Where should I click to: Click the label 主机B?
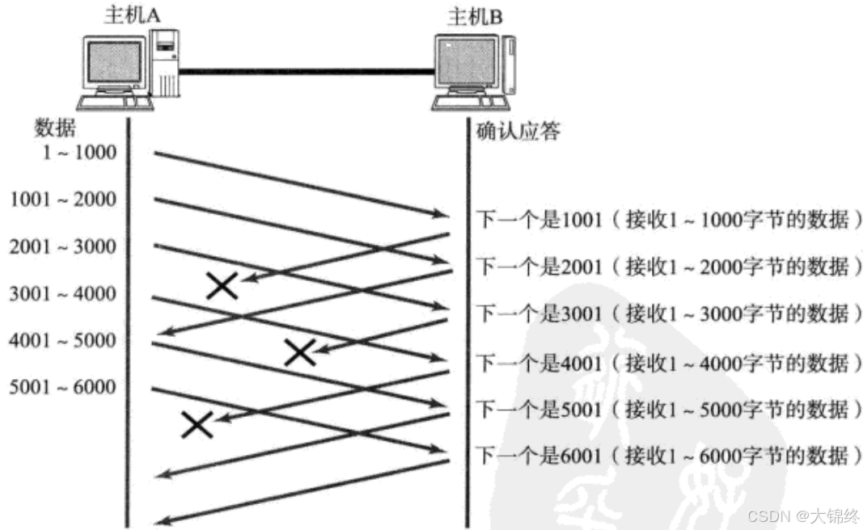click(x=474, y=15)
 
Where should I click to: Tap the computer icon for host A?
click(x=129, y=70)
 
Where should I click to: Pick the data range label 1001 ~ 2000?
click(x=63, y=199)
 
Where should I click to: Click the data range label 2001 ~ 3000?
click(x=63, y=246)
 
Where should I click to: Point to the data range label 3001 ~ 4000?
click(x=63, y=293)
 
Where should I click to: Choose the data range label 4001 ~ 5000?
click(x=63, y=340)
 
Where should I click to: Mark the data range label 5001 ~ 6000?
click(x=63, y=387)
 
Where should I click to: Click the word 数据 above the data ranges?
click(x=54, y=128)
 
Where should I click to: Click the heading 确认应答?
click(x=518, y=131)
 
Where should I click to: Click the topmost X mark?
click(x=222, y=285)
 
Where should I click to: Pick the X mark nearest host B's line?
click(x=299, y=351)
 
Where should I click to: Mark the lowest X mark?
click(x=197, y=424)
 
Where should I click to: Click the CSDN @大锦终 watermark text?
click(x=802, y=515)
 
